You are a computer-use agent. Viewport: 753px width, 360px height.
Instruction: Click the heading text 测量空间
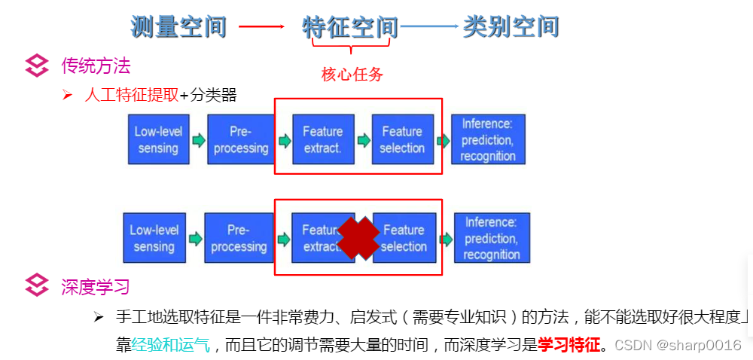(178, 27)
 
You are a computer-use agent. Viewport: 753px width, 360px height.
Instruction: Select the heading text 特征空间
(350, 27)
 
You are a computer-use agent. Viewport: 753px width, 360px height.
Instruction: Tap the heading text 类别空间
(511, 27)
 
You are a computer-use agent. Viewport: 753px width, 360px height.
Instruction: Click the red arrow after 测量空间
(261, 27)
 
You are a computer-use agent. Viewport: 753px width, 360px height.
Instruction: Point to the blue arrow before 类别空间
(429, 27)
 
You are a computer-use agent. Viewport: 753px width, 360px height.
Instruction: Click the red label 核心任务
(352, 75)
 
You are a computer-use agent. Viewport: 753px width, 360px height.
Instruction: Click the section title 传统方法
(96, 66)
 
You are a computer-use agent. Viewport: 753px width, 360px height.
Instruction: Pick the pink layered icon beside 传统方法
(37, 66)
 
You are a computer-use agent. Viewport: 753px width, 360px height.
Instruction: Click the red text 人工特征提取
(132, 95)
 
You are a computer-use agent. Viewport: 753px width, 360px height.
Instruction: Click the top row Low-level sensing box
(157, 139)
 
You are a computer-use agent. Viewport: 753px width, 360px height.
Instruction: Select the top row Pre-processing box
(240, 139)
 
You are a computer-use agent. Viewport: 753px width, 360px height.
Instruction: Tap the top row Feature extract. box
(322, 139)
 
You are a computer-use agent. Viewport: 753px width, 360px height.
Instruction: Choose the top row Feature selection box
(402, 139)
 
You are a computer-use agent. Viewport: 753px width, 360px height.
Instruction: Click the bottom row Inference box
(492, 238)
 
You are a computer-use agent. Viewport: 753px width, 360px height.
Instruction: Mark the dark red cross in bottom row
(358, 238)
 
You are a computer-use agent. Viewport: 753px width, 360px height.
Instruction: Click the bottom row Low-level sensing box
(154, 238)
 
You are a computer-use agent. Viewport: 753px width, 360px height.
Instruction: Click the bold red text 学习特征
(569, 346)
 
